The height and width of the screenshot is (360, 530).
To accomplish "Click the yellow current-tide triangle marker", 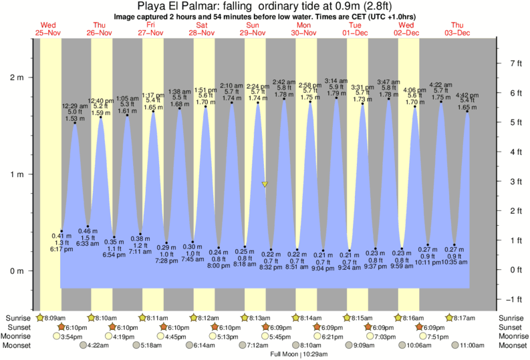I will tap(265, 184).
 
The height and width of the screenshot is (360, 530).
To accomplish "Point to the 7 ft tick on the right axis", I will tap(515, 63).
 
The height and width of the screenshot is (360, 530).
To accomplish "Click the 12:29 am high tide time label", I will tap(75, 106).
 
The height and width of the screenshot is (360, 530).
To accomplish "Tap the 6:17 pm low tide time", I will tap(61, 249).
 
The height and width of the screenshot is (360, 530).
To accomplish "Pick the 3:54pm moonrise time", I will tap(76, 337).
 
